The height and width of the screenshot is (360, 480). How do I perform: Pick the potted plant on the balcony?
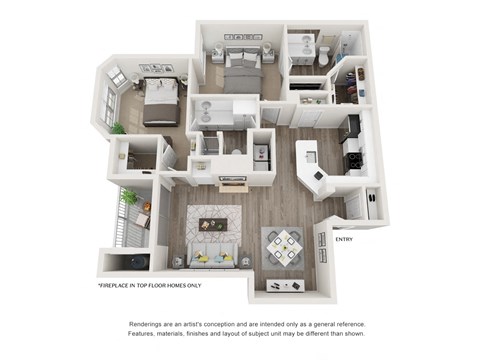point(130,199)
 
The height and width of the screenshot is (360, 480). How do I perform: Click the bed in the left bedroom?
point(160,103)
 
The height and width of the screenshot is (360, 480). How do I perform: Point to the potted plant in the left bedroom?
point(118,128)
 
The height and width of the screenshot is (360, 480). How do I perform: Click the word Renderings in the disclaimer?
point(151,325)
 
